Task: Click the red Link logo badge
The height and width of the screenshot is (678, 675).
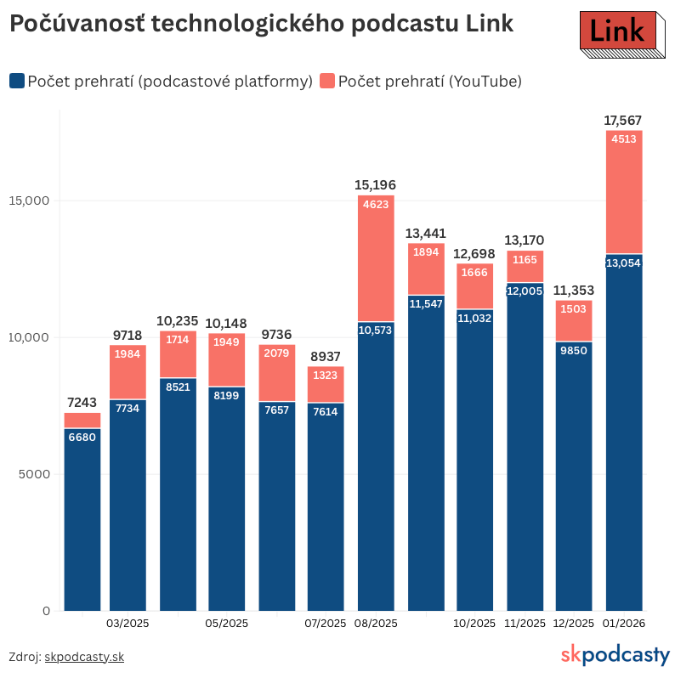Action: click(617, 32)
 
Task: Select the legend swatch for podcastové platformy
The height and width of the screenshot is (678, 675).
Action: click(16, 81)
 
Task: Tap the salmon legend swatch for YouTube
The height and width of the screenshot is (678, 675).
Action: click(327, 81)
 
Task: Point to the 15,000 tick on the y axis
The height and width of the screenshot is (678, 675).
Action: click(30, 201)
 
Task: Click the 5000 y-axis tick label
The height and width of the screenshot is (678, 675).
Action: click(35, 474)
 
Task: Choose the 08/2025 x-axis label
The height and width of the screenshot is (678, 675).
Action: click(376, 624)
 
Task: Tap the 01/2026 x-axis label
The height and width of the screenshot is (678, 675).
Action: click(623, 624)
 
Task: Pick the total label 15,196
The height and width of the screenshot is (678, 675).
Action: click(376, 185)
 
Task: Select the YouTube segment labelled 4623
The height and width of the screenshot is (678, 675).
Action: click(376, 258)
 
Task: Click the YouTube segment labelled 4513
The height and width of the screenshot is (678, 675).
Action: click(623, 192)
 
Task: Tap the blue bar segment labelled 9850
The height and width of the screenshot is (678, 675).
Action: click(574, 476)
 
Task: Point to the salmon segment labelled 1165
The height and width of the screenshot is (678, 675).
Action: click(525, 266)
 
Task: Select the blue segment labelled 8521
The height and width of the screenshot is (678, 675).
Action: click(178, 494)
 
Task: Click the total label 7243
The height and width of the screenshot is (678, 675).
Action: click(82, 403)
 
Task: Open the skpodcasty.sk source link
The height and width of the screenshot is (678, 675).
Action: click(84, 657)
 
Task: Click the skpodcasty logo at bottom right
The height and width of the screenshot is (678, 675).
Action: click(615, 655)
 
